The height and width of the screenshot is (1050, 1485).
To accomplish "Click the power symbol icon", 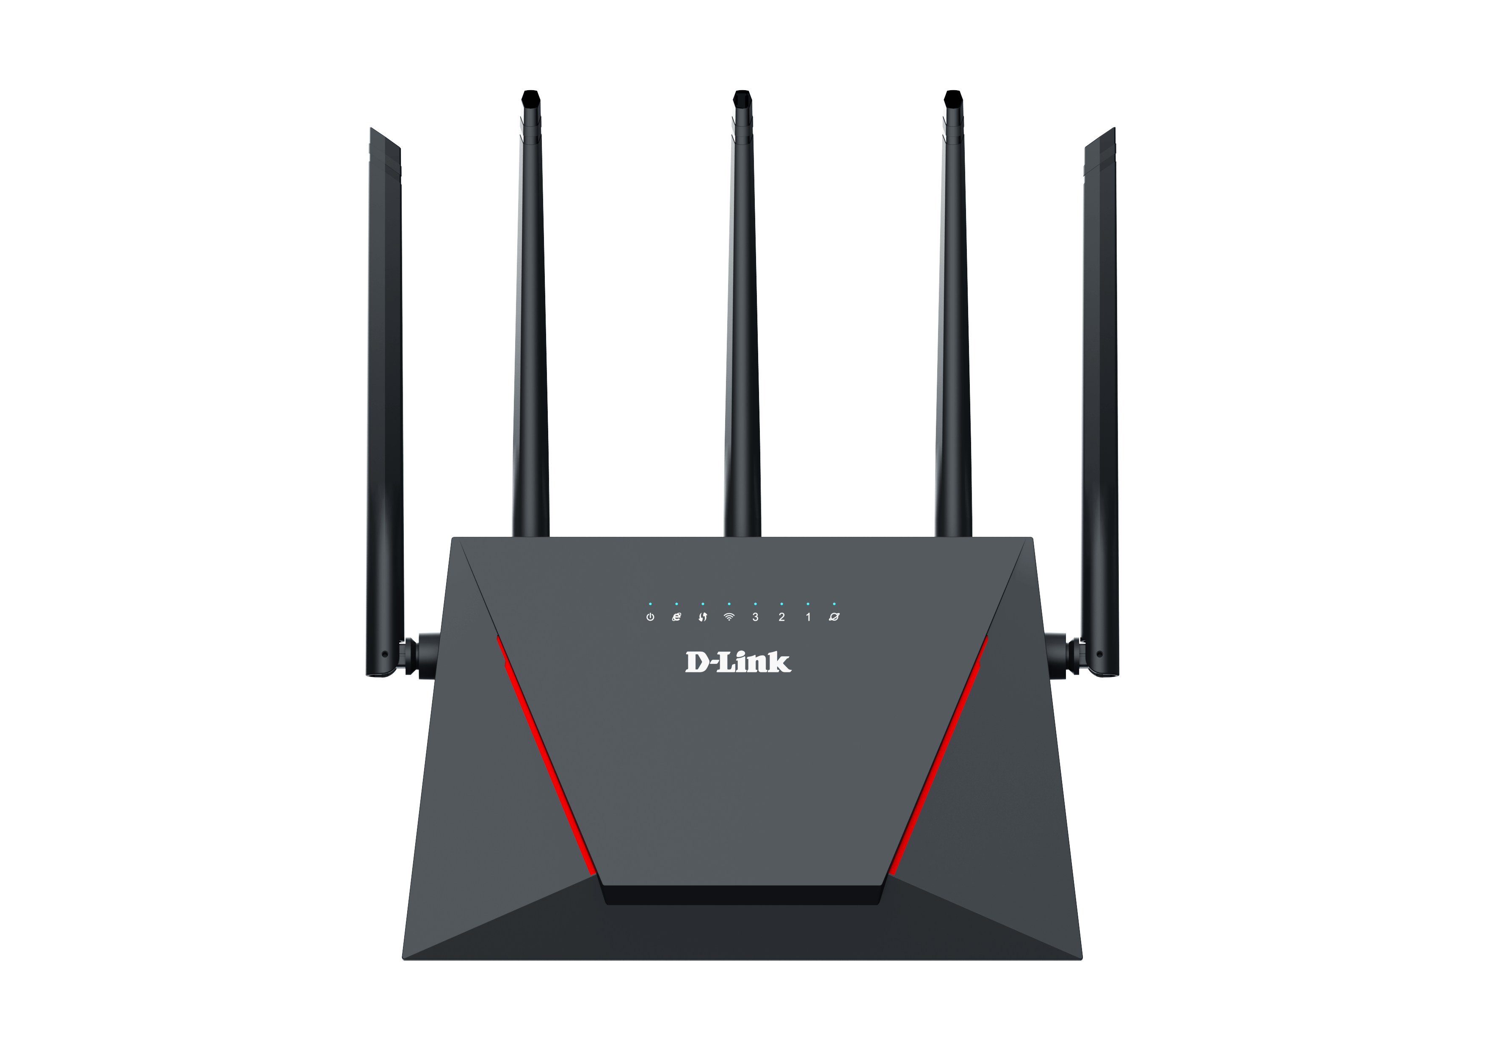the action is point(650,617).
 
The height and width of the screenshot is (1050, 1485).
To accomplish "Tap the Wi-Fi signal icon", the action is point(729,617).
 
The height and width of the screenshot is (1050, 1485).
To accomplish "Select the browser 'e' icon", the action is point(676,617).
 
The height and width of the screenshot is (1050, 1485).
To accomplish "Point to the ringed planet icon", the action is point(834,617).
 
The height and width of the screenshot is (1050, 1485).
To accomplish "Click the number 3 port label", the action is point(756,617).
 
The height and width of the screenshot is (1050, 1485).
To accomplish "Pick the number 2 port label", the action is point(781,617).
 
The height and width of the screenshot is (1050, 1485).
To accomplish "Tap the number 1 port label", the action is point(808,617).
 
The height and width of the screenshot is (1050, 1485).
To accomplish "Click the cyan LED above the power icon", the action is point(650,604).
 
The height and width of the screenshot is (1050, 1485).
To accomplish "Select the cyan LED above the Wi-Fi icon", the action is point(729,604).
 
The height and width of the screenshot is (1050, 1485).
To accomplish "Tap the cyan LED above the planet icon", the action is point(834,604).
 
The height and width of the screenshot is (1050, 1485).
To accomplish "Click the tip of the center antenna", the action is point(742,91).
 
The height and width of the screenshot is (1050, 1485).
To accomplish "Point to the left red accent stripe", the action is point(547,756).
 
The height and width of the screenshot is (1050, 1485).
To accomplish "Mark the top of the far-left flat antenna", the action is point(371,129).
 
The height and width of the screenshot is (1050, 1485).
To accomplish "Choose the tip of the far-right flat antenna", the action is point(1114,129).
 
